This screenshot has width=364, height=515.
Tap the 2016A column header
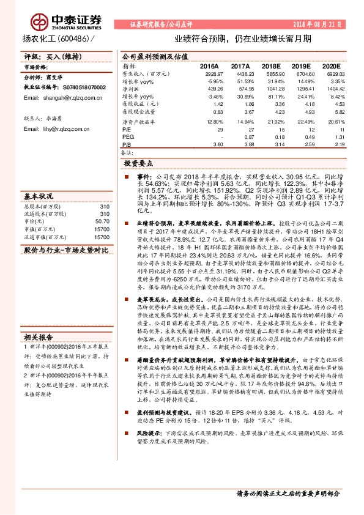(x=209, y=65)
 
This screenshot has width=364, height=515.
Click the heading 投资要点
(x=139, y=164)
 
